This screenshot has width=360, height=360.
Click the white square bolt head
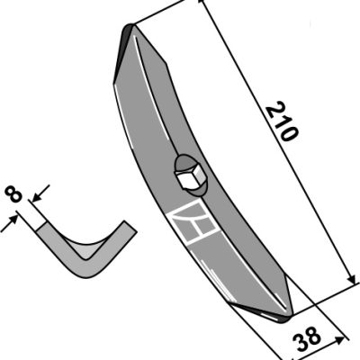(188, 178)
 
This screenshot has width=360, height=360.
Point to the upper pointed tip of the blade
(130, 25)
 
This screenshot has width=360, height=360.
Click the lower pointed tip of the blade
(286, 319)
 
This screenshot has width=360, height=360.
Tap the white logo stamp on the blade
(193, 222)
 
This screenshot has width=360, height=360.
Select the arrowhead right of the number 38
(339, 340)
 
